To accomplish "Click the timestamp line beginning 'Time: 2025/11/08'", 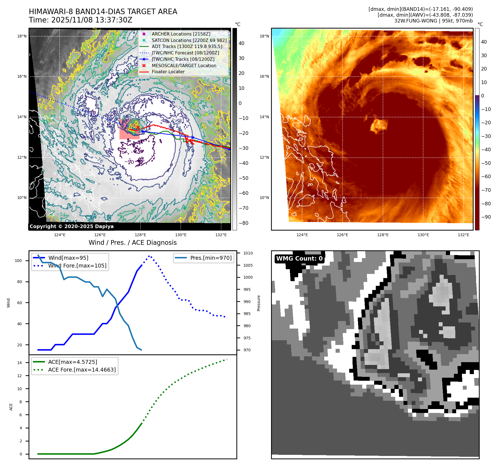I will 81,20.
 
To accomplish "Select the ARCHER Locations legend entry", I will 181,34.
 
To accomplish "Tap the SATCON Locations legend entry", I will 189,40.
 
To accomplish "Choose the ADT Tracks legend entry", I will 187,46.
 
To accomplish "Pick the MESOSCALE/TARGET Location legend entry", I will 184,65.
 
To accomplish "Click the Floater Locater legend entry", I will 168,72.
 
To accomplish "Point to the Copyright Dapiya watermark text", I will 71,226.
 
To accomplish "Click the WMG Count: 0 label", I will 299,259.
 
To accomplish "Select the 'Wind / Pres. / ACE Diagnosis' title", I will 132,243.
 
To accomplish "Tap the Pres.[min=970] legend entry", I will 211,258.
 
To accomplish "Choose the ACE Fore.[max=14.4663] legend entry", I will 82,370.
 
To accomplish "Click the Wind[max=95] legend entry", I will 68,258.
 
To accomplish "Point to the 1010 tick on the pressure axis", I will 248,253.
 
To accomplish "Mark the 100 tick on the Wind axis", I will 18,261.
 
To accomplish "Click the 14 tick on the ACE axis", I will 19,363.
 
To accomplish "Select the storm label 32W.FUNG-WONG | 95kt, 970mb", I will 433,21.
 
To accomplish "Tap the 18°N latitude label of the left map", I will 22,36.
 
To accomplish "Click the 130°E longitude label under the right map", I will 423,235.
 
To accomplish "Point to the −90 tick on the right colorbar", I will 486,217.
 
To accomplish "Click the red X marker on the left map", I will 138,127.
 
